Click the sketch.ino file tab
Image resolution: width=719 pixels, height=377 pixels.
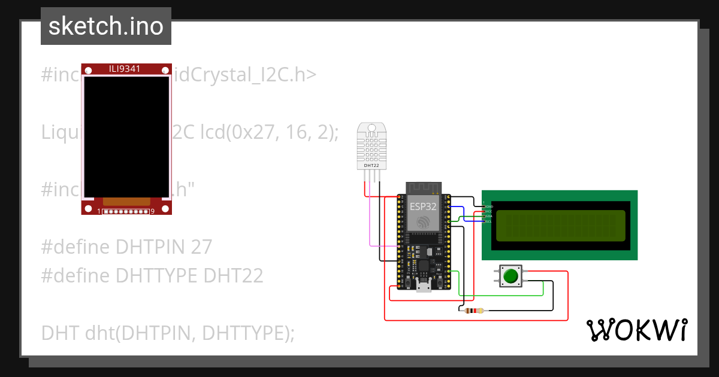pyautogui.click(x=106, y=26)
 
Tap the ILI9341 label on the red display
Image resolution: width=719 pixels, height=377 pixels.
pyautogui.click(x=125, y=69)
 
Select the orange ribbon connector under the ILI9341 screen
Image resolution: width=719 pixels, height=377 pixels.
pyautogui.click(x=126, y=202)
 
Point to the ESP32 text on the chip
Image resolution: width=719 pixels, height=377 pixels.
pyautogui.click(x=423, y=206)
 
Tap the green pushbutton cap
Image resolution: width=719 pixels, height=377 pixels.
pyautogui.click(x=510, y=276)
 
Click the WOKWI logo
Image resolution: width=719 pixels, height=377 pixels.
pyautogui.click(x=636, y=330)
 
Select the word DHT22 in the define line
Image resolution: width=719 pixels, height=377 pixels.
pyautogui.click(x=234, y=276)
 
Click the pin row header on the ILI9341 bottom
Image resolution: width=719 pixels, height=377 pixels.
pyautogui.click(x=126, y=211)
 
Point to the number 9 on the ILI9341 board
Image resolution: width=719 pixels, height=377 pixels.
pyautogui.click(x=152, y=211)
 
